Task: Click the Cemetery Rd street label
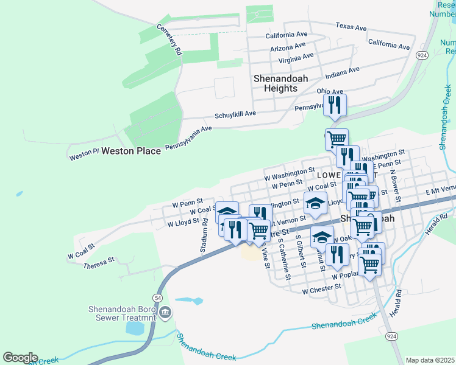(170, 40)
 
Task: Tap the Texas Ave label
(351, 27)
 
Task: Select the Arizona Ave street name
(286, 48)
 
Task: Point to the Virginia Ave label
(296, 58)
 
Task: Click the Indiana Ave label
(343, 72)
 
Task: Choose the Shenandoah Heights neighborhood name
(280, 83)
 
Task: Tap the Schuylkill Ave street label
(235, 114)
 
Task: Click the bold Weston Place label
(131, 150)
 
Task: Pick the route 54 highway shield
(158, 297)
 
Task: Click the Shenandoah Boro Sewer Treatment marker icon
(166, 313)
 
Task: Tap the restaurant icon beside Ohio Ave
(335, 105)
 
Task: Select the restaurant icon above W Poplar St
(337, 254)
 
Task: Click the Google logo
(20, 358)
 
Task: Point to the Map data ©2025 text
(430, 360)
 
